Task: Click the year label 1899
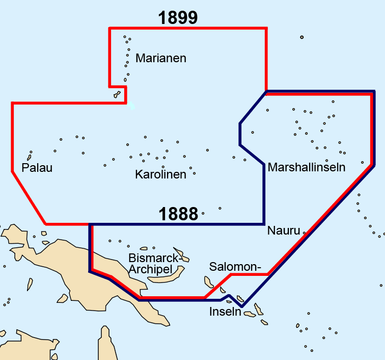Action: [x=178, y=18]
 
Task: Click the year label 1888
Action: [x=178, y=214]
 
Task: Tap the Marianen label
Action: [x=161, y=58]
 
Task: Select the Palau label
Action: [x=37, y=168]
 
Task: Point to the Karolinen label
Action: [x=160, y=174]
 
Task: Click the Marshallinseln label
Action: [x=307, y=167]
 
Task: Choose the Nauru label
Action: [x=284, y=230]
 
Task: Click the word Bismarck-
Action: [x=155, y=258]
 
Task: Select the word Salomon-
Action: [x=235, y=267]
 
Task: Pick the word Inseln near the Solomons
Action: [x=225, y=311]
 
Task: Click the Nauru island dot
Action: [x=305, y=233]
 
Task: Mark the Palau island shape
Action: [x=31, y=153]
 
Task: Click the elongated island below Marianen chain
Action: [x=117, y=94]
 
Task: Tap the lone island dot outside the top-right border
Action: [x=301, y=37]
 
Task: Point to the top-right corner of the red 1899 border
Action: [x=266, y=29]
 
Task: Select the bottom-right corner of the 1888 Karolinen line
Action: [x=264, y=224]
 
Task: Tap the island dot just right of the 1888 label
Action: [x=203, y=213]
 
